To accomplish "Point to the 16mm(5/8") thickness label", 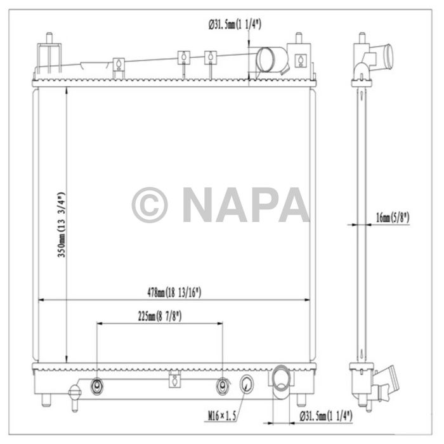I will (x=392, y=217).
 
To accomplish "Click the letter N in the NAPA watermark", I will (x=203, y=204).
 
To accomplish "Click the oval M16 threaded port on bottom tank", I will (x=247, y=382).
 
